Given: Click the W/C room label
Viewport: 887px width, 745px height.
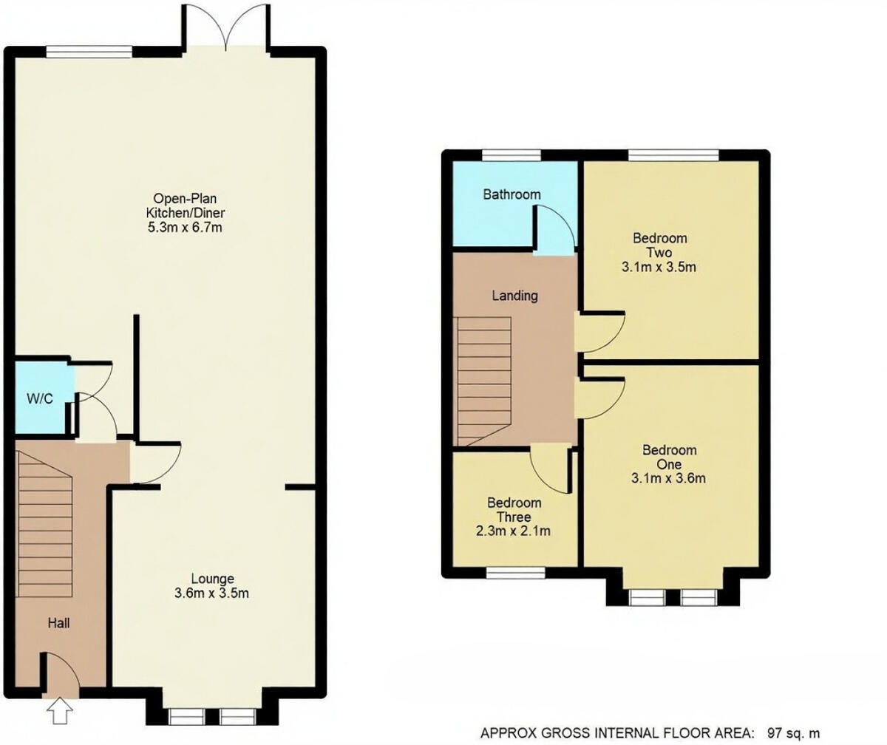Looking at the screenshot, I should [x=40, y=399].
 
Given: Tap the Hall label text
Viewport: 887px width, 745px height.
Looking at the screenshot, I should [x=58, y=624].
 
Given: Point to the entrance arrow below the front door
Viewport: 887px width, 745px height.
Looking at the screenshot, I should [x=59, y=714].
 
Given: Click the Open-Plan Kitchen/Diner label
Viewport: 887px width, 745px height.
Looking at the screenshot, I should [x=188, y=205].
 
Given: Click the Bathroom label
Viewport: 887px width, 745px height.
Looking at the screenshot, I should [x=512, y=194].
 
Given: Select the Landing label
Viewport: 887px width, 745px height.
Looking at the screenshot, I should [x=515, y=296].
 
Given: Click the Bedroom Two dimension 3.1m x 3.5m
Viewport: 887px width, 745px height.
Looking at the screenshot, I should [x=659, y=267].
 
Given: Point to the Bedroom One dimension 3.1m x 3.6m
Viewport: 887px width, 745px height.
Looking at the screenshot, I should [x=669, y=478].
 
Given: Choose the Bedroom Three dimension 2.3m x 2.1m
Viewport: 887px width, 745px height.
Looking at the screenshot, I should [x=514, y=531].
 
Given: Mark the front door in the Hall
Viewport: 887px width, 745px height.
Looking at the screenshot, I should [x=63, y=673].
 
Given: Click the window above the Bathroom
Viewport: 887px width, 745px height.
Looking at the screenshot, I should [x=511, y=154].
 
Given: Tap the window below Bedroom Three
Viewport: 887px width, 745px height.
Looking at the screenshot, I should [x=516, y=573].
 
